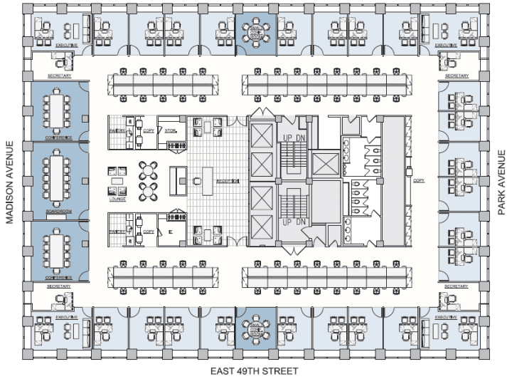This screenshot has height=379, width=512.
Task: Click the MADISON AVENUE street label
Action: point(10,182)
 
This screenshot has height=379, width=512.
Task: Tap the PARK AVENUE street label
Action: point(501,182)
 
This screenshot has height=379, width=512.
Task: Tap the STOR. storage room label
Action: point(171,131)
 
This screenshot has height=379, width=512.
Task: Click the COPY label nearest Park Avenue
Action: point(418,181)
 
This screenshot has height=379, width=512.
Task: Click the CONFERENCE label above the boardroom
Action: point(60,137)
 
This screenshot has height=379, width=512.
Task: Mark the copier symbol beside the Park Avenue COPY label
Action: point(408,170)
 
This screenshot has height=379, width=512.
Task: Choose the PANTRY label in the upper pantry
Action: point(117,131)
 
